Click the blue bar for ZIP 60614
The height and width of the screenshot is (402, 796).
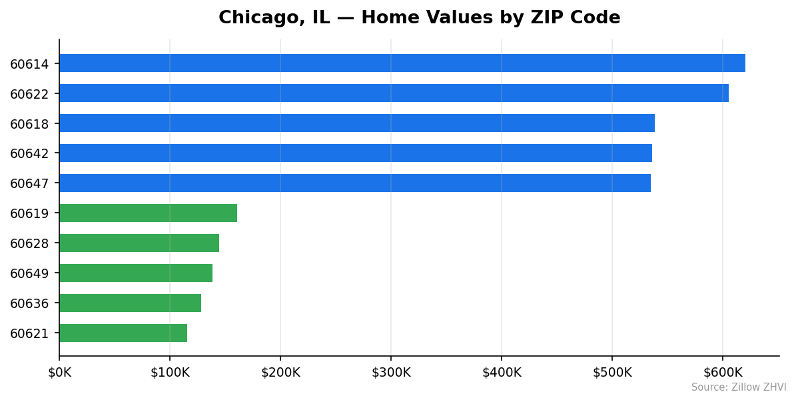(402, 63)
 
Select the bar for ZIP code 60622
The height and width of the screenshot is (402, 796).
(394, 93)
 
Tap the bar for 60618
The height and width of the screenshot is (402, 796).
(356, 123)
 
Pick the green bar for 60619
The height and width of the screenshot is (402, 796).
(148, 213)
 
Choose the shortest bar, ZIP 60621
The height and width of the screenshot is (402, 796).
(123, 333)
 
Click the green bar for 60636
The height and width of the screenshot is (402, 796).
(130, 303)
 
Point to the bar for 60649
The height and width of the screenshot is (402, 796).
(136, 273)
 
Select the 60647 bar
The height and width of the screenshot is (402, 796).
(354, 183)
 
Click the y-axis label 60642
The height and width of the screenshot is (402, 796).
(29, 153)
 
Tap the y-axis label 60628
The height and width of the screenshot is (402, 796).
(29, 243)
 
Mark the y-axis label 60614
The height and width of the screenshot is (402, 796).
(29, 64)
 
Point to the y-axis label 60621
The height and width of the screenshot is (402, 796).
(29, 333)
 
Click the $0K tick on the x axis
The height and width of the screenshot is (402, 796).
(59, 372)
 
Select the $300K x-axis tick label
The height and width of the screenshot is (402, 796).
(391, 372)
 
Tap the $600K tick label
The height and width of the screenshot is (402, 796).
(723, 372)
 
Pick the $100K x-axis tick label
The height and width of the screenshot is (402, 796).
(170, 372)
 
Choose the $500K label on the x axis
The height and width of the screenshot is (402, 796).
(612, 372)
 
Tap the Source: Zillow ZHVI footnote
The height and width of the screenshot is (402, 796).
(738, 387)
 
